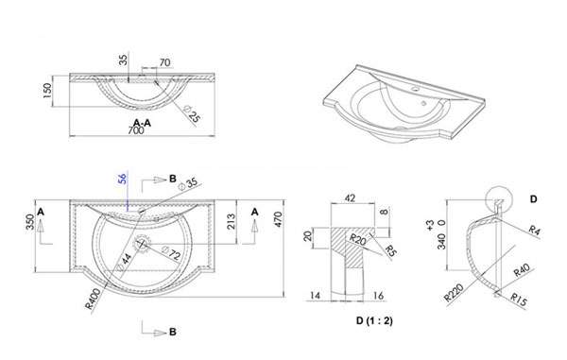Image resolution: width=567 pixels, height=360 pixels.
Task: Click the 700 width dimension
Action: click(x=135, y=130)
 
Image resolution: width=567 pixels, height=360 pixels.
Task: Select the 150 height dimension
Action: click(x=47, y=91)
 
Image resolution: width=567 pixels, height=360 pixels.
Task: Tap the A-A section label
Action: click(x=142, y=123)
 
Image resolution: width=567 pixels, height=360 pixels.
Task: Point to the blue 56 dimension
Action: click(x=123, y=179)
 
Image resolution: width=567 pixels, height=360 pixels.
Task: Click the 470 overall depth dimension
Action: click(x=278, y=219)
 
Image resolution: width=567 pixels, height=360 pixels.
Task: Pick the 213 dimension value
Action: click(x=231, y=221)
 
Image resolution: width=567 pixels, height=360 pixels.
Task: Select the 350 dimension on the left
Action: click(x=30, y=222)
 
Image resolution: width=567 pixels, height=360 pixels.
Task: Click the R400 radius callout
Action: click(x=93, y=299)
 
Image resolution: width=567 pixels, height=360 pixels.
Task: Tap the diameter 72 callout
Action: click(x=171, y=253)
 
